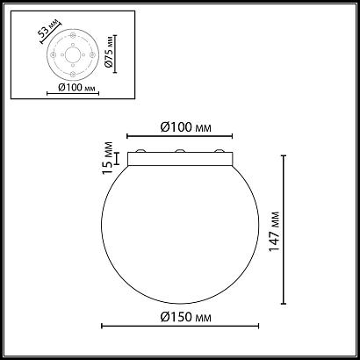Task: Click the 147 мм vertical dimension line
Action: point(286,226)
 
